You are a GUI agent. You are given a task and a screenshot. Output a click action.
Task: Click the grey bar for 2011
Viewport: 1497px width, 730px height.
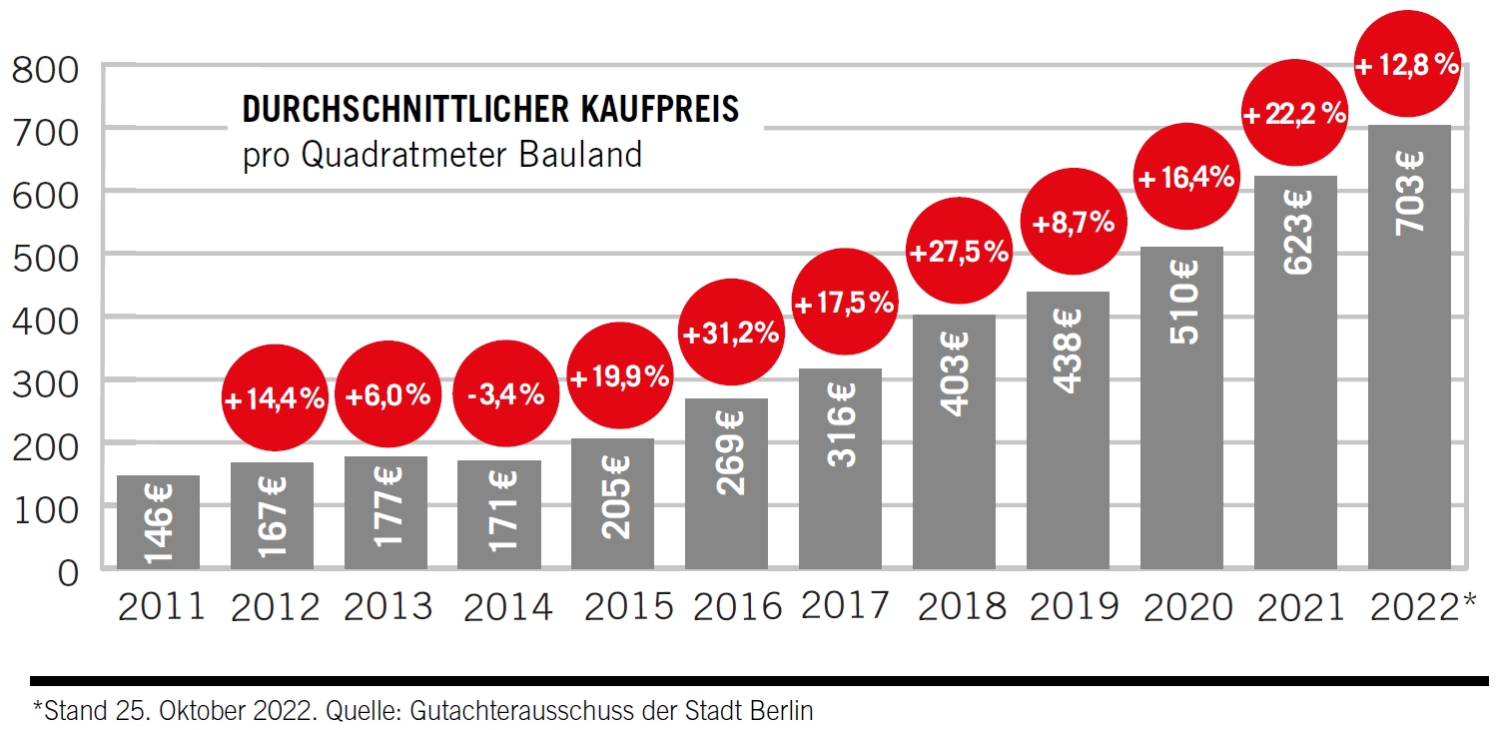[x=158, y=522]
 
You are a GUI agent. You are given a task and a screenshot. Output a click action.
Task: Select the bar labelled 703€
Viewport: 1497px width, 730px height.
[x=1409, y=350]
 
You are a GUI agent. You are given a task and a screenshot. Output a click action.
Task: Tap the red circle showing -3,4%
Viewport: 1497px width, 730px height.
[x=505, y=395]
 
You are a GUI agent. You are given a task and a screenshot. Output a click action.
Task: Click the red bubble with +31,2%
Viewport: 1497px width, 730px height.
[x=731, y=333]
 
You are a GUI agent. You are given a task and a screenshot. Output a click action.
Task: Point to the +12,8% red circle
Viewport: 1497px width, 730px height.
[x=1408, y=66]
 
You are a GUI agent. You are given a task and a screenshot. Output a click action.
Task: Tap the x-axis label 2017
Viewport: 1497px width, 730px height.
[x=844, y=606]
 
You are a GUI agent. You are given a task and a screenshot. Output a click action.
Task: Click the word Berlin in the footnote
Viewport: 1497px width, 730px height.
[x=785, y=711]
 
